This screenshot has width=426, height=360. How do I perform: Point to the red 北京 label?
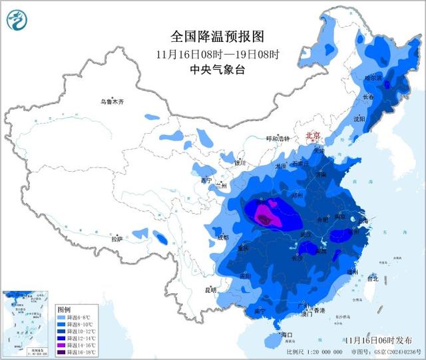(313, 135)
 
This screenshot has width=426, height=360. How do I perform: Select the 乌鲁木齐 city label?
(112, 102)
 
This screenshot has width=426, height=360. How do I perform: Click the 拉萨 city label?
(117, 238)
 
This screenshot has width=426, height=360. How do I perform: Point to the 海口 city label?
(287, 333)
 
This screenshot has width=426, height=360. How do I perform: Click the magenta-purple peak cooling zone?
(265, 214)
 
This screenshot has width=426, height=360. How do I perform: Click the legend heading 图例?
(64, 309)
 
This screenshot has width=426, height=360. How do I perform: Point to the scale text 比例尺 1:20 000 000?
(314, 351)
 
